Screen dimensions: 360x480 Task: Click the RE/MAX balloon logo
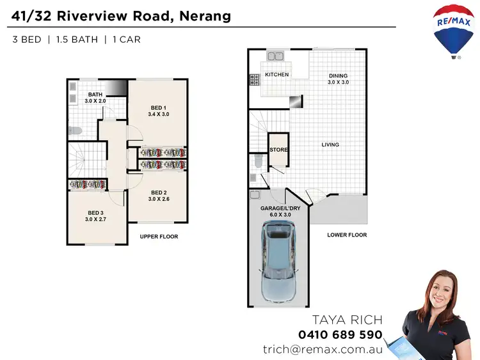[x=454, y=29]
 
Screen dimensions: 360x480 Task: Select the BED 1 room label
[x=158, y=111]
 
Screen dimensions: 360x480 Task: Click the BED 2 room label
[x=159, y=196]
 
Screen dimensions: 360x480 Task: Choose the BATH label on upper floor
[x=86, y=97]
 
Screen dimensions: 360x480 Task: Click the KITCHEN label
[x=276, y=75]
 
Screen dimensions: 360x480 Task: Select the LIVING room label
[x=330, y=145]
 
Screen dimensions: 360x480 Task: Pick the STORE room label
[x=278, y=150]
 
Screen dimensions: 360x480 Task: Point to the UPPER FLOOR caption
[x=159, y=237]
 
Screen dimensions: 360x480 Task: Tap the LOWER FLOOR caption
[x=346, y=235]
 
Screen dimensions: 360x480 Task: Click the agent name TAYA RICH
[x=346, y=320]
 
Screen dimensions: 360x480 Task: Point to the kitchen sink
[x=276, y=56]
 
